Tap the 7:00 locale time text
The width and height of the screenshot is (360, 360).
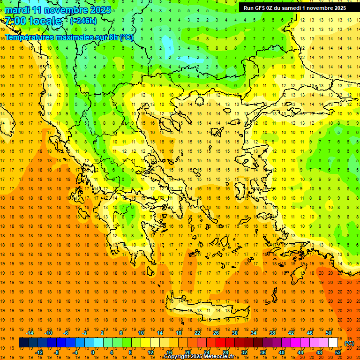33,21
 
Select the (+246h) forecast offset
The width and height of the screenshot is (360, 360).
83,21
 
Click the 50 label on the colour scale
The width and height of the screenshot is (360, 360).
329,333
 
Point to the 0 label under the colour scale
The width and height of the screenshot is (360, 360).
93,352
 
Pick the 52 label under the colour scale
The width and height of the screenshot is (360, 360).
338,352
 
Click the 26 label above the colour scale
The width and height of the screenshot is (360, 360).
216,333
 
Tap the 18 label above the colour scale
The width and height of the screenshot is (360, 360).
179,333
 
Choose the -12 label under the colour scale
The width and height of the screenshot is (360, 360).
39,352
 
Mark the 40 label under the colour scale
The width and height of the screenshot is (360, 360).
282,352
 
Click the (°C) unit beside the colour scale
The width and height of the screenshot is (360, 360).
349,343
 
